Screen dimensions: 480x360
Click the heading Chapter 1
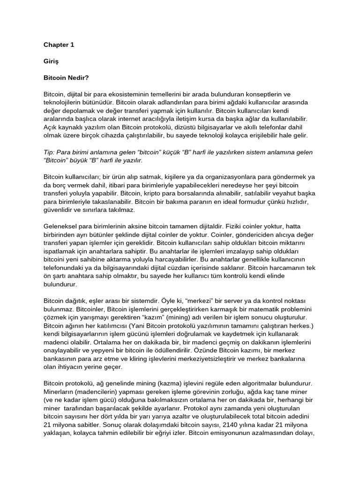(x=59, y=45)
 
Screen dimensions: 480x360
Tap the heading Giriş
(x=51, y=61)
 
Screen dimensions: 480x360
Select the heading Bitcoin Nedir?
(x=66, y=77)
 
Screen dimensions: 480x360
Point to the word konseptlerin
(x=258, y=94)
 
